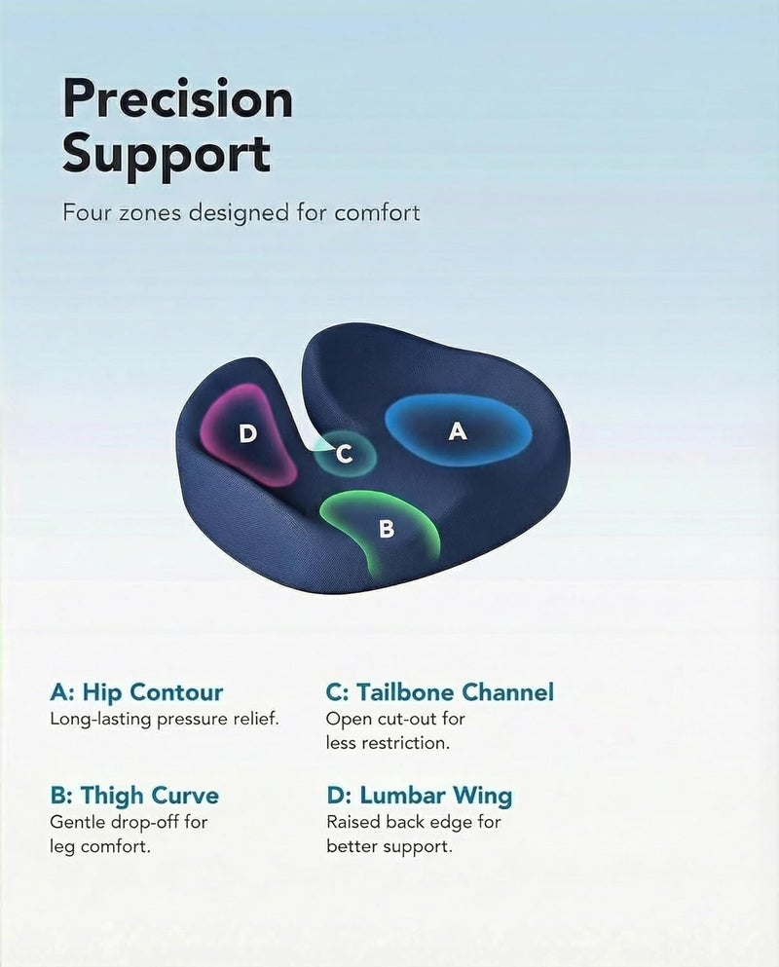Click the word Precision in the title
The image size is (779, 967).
coord(177,98)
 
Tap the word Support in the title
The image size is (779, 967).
coord(167,154)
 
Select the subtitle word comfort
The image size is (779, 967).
coord(377,212)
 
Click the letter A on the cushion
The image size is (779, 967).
coord(458,431)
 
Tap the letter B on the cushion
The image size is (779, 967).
coord(387,529)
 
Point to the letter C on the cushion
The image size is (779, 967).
coord(344,455)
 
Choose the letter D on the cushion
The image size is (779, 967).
coord(247,433)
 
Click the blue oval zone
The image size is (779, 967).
coord(458,430)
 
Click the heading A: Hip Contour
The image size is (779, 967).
coord(136,692)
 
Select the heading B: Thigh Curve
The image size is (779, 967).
coord(134,796)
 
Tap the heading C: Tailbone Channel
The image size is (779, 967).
coord(440,692)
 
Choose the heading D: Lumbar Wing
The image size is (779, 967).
coord(420,796)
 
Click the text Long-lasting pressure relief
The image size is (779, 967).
coord(165,719)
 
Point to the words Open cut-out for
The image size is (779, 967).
coord(395,719)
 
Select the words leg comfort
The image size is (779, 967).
coord(100,846)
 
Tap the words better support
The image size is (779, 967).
coord(389,846)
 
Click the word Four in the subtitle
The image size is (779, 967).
coord(87,212)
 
